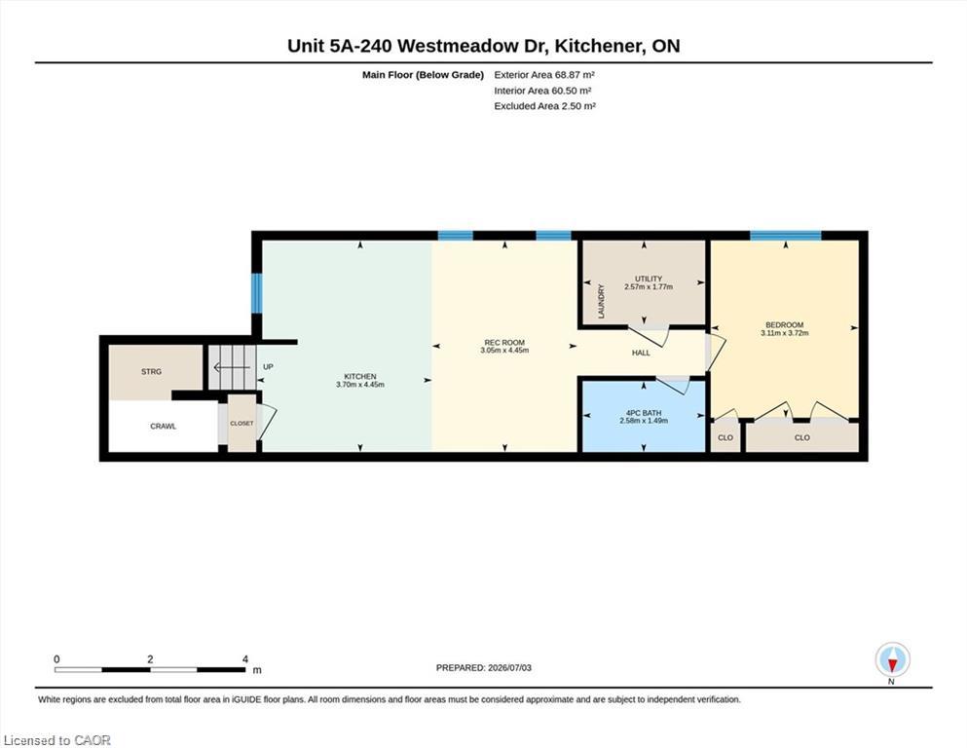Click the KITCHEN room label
360,376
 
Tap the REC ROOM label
504,342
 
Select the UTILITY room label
649,279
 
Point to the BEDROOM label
785,325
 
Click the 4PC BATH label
644,413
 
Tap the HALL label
641,353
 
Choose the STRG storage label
151,372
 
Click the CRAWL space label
164,427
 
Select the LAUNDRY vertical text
602,301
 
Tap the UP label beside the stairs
268,367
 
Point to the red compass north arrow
892,665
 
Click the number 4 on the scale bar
245,659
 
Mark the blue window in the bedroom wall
785,236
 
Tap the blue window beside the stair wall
257,292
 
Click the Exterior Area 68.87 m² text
544,75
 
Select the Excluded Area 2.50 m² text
544,106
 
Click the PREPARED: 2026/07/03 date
483,668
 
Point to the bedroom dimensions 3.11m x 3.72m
785,333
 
